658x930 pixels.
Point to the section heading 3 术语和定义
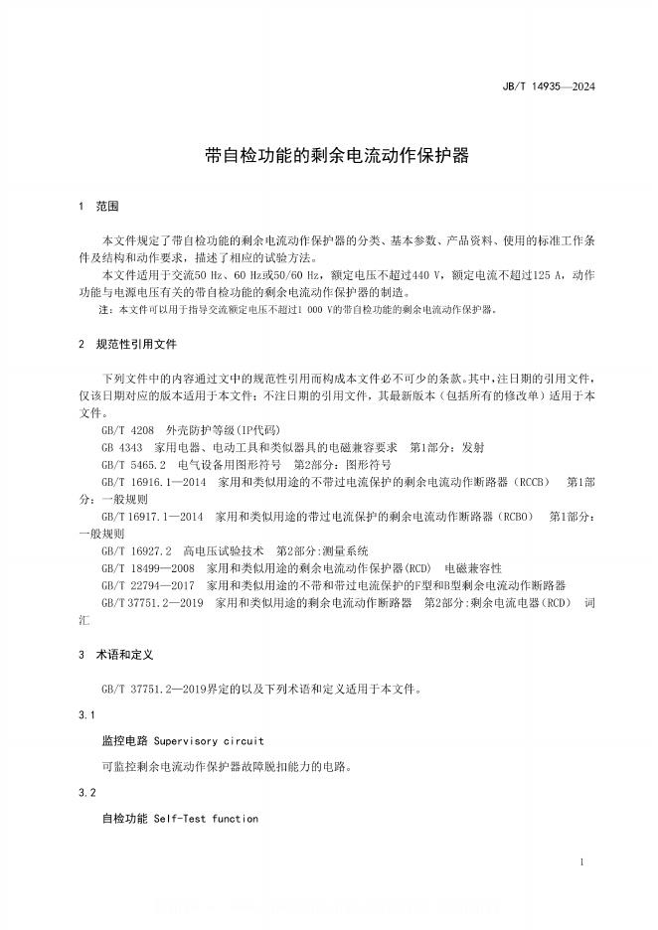(115, 655)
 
